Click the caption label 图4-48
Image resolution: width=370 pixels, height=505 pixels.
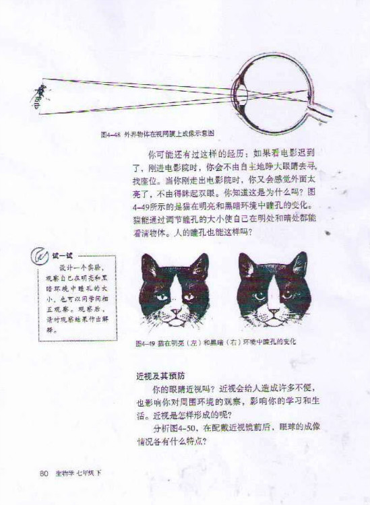click(x=110, y=134)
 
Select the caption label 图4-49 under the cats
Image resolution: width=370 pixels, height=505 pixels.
click(x=145, y=342)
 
